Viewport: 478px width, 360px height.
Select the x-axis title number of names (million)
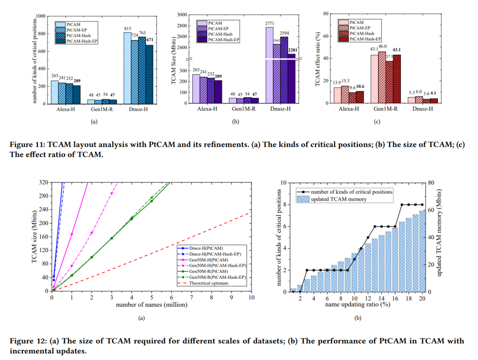pyautogui.click(x=151, y=306)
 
